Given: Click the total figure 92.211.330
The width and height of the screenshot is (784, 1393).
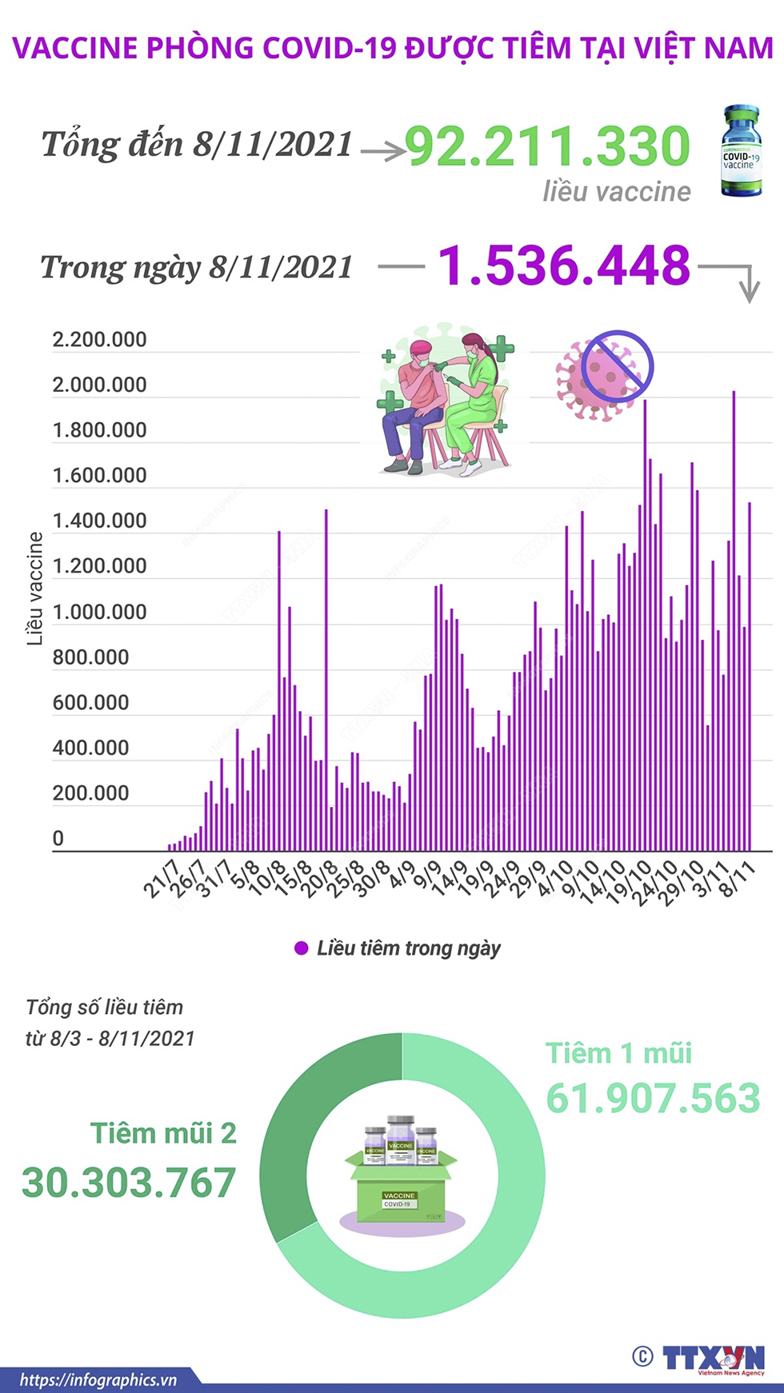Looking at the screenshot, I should coord(547,146).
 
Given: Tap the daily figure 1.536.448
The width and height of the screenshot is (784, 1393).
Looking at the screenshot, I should coord(564,265).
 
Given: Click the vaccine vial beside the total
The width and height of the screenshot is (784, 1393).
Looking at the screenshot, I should coord(741,151).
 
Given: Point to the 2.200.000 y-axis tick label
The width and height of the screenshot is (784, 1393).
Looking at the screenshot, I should coord(99,340).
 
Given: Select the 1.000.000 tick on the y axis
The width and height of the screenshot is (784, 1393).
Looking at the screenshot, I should coord(99,613).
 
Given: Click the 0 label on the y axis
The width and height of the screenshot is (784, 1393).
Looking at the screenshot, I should coord(58,839).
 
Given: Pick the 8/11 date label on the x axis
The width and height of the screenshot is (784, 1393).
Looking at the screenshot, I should coord(738,880).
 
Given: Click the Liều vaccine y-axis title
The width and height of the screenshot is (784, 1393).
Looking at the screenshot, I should coord(34,589).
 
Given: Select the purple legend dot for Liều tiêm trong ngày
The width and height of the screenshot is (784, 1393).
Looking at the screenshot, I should coord(302,948).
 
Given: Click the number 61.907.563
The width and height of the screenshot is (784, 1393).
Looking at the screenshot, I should coord(653,1098).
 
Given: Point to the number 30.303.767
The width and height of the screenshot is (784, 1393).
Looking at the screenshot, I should coord(129,1183).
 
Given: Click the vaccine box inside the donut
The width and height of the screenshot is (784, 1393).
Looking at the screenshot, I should coord(402,1175).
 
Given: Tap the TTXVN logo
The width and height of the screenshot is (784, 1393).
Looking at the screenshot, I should coord(712,1358).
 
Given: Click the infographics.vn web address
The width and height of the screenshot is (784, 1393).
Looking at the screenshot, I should coord(98,1379).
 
